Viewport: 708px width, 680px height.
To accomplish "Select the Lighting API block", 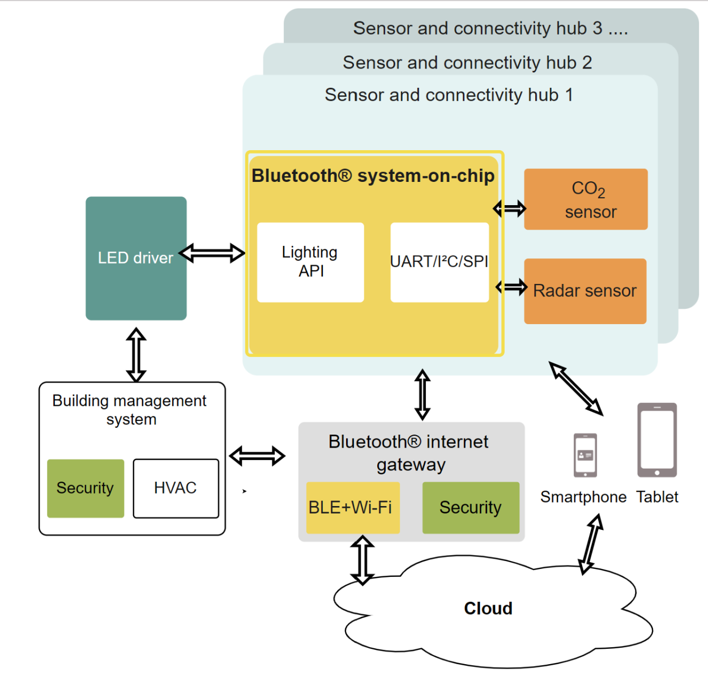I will (310, 262).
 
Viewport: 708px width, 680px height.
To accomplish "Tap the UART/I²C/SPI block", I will (440, 262).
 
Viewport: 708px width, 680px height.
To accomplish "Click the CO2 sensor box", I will (586, 199).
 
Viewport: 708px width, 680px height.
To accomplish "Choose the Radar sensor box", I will (585, 291).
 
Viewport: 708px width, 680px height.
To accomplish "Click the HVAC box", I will (176, 488).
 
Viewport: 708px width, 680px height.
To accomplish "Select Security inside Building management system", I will (86, 488).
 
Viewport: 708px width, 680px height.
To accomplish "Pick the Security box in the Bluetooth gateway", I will (471, 508).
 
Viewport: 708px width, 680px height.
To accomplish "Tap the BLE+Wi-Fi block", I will (352, 508).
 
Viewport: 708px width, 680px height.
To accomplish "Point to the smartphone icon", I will (585, 456).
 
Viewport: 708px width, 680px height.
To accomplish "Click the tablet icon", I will (657, 440).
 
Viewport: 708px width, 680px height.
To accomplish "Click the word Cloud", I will (488, 609).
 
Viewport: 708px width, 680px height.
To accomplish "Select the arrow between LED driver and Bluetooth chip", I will (212, 253).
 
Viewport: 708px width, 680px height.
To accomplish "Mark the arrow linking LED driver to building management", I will (136, 355).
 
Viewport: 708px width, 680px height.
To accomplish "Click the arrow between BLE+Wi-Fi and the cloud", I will (362, 560).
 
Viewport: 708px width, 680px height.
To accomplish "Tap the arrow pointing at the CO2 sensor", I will (510, 209).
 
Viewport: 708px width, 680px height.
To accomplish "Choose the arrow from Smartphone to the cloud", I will (591, 544).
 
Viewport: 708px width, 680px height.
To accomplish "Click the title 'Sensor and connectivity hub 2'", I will (467, 62).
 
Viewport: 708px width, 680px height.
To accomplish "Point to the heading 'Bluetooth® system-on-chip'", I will (373, 176).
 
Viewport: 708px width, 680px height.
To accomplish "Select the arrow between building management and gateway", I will (257, 456).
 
